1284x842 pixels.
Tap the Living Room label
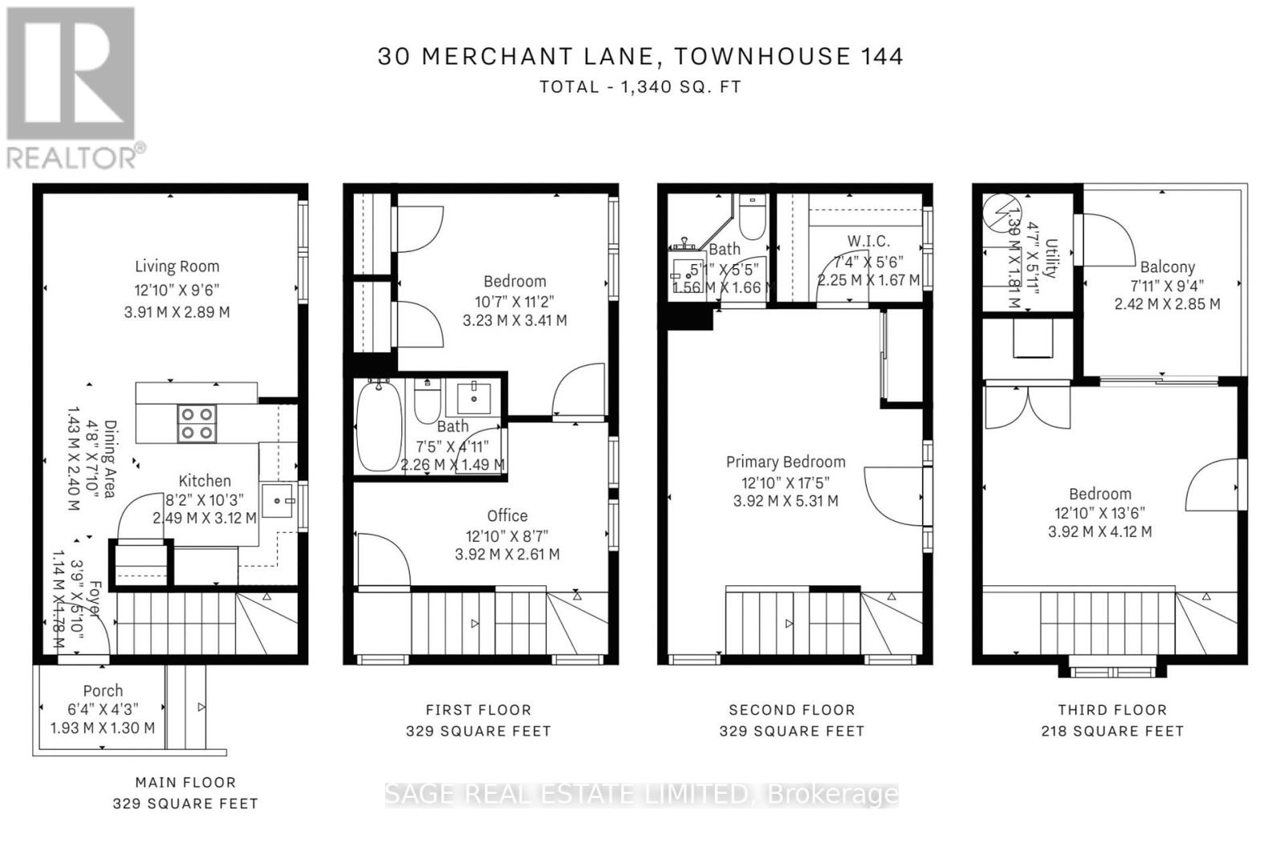tap(177, 266)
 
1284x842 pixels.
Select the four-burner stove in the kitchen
tap(197, 424)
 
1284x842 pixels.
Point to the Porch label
tap(103, 690)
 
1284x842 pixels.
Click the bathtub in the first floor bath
tap(378, 426)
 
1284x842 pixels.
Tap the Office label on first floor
tap(507, 515)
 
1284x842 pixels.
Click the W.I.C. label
tap(868, 241)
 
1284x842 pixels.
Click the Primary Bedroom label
tap(786, 462)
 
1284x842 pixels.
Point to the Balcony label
tap(1167, 267)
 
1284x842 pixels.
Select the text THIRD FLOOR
tap(1111, 710)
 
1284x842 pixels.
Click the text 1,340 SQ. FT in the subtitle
tap(681, 87)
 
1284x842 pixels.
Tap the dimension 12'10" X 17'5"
tap(786, 482)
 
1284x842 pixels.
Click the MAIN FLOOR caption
tap(185, 782)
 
